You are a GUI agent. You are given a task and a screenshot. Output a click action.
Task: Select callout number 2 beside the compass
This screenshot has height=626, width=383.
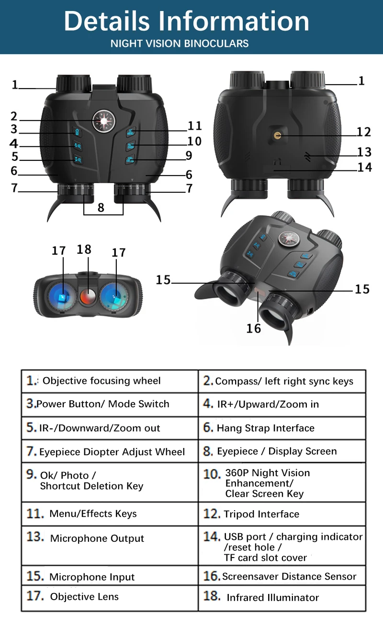[x=14, y=116]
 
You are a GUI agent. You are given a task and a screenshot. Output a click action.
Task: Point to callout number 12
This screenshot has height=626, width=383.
[x=363, y=132]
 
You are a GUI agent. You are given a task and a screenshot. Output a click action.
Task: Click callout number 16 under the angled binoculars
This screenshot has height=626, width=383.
[x=254, y=328]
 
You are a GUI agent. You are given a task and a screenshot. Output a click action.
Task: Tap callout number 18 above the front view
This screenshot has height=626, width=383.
[x=84, y=250]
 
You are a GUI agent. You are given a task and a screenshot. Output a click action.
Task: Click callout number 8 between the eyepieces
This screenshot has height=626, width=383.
[x=101, y=207]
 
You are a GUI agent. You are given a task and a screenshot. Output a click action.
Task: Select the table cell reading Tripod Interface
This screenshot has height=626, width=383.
[x=282, y=514]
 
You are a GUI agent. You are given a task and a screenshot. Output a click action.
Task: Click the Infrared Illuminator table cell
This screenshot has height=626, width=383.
[x=282, y=597]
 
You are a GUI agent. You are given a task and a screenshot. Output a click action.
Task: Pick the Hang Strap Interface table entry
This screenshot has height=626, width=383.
[x=282, y=428]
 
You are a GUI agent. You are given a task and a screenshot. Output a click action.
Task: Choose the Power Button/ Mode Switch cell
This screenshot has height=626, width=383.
[x=110, y=404]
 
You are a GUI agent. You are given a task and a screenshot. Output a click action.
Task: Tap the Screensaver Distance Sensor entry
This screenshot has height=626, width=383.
[x=282, y=576]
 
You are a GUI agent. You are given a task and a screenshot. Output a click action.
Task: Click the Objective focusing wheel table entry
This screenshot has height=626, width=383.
[x=110, y=381]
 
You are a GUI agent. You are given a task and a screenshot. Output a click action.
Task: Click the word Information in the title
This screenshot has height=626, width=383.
[x=234, y=22]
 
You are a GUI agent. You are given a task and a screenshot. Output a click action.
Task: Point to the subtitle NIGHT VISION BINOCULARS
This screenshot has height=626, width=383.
[x=180, y=44]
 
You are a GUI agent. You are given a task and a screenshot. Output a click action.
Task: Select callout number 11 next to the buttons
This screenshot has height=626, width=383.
[x=195, y=126]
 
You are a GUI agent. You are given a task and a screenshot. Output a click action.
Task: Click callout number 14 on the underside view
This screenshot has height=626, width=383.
[x=364, y=167]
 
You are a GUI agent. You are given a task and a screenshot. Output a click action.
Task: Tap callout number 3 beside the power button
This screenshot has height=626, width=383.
[x=14, y=129]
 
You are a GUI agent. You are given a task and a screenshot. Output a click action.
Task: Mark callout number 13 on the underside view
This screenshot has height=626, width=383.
[x=364, y=152]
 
